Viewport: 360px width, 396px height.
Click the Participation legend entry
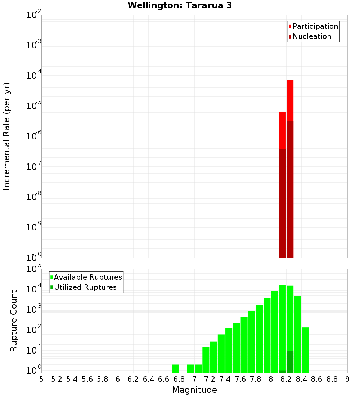(x=315, y=26)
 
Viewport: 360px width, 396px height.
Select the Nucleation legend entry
(x=311, y=36)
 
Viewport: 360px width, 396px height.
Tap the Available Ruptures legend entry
(x=87, y=277)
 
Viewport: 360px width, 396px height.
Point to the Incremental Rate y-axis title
(x=7, y=136)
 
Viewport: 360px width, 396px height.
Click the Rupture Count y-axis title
(x=14, y=321)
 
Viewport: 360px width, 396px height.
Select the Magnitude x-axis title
(x=194, y=390)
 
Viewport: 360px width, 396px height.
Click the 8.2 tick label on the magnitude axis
(x=286, y=379)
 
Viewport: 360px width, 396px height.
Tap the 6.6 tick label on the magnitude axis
(x=164, y=379)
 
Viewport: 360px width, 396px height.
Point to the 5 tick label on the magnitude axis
(x=41, y=379)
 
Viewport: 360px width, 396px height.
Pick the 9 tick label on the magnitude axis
(x=347, y=379)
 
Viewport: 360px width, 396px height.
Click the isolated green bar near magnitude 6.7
(x=175, y=369)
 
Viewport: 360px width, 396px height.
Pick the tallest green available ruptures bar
(x=282, y=328)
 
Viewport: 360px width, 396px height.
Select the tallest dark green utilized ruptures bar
(x=290, y=362)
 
